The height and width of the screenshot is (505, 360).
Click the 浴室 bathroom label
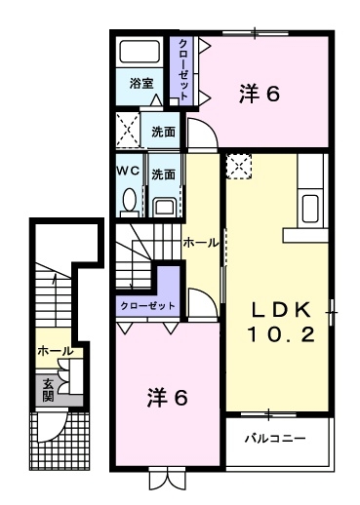click(x=141, y=85)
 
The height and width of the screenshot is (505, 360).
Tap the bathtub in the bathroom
click(x=142, y=53)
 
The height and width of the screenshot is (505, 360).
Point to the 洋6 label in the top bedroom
click(x=260, y=95)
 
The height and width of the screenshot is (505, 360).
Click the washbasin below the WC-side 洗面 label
click(x=165, y=206)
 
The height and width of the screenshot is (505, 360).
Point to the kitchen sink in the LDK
click(x=310, y=208)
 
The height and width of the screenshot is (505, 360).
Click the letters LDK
click(x=281, y=310)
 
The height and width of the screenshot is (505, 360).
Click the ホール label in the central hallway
click(x=200, y=242)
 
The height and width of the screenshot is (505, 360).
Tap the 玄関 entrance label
click(x=48, y=390)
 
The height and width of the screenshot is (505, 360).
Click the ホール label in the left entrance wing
click(x=54, y=350)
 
